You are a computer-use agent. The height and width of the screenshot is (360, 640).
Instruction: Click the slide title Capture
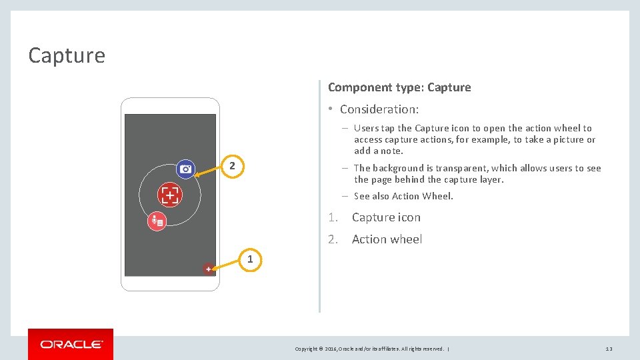coord(67,55)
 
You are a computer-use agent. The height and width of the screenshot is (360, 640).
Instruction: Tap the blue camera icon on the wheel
coord(186,169)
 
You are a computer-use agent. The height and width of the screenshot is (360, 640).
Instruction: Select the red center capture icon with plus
coord(170,195)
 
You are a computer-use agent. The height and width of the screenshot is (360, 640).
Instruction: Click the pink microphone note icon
coord(157,221)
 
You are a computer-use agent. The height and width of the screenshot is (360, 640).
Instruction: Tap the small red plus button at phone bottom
coord(209,269)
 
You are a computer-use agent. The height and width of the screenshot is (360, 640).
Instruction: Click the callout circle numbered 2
coord(232,165)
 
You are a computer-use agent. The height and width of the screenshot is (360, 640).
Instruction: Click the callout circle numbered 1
coord(250,259)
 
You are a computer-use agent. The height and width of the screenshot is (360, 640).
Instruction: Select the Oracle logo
coord(71,345)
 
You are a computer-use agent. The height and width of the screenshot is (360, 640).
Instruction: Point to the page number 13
coord(609,349)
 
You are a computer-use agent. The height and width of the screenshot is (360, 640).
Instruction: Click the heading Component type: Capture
coord(399,87)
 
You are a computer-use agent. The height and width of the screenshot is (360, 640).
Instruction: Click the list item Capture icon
coord(386,217)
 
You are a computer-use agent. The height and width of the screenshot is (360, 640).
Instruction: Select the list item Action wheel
coord(387,239)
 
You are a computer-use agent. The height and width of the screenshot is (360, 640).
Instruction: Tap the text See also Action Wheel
coord(403,196)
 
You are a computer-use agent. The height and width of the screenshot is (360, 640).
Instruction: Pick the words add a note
coord(379,151)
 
